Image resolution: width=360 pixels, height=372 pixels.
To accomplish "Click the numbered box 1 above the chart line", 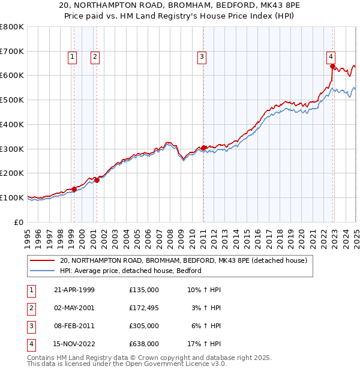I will (x=72, y=57).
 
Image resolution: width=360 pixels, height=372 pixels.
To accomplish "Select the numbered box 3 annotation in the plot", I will (x=202, y=57).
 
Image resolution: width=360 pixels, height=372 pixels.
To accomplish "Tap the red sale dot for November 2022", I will (x=332, y=66).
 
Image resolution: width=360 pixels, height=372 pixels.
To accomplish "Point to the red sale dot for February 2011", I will (x=203, y=148).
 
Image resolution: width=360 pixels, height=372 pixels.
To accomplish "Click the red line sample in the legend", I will (x=42, y=261).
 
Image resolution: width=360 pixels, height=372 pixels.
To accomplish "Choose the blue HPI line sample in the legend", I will (x=42, y=271).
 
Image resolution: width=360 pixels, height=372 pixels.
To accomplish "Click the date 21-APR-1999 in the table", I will (x=74, y=290).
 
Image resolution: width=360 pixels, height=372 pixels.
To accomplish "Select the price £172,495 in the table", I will (x=144, y=309).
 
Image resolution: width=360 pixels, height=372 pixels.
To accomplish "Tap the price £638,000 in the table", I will (x=144, y=344).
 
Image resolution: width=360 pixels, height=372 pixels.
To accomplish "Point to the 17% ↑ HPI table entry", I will (x=205, y=344).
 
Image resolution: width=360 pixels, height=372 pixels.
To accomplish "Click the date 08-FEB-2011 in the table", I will (x=74, y=326).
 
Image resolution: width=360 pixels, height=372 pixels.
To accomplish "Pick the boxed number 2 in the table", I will (x=30, y=309).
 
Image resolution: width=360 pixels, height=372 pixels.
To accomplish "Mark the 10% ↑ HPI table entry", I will (x=205, y=290).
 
